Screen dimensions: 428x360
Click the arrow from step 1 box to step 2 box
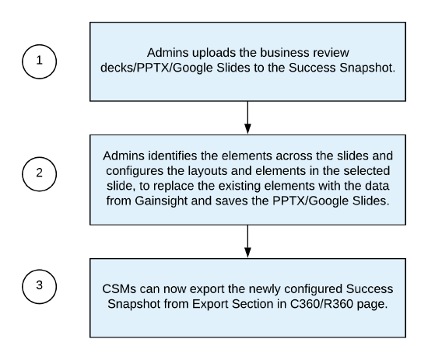(x=247, y=117)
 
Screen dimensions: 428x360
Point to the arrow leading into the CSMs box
(x=247, y=241)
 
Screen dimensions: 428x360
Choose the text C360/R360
(x=321, y=304)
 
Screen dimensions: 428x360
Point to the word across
(x=294, y=156)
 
